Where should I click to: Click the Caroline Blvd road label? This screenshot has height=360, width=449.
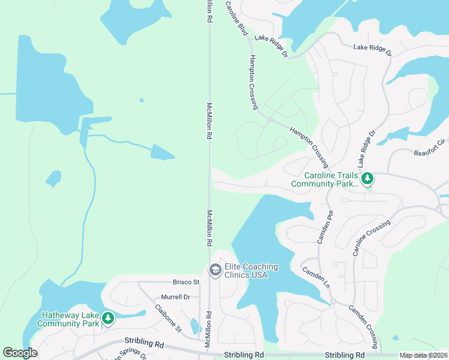click(237, 18)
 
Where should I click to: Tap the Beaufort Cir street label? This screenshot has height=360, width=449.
click(430, 148)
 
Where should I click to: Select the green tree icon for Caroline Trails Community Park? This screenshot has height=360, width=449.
click(367, 178)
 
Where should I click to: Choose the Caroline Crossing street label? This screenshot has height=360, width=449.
click(372, 238)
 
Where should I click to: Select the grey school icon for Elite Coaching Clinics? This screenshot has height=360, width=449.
click(214, 271)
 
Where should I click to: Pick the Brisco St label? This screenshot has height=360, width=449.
click(186, 282)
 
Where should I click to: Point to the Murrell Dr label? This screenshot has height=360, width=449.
click(175, 297)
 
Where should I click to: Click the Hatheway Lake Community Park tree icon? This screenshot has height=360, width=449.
click(108, 317)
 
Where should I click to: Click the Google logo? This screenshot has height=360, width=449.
click(20, 353)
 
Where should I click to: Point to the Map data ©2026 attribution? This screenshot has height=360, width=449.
click(423, 355)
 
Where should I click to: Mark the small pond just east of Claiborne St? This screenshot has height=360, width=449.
click(194, 326)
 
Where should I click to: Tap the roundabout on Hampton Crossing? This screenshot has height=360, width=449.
click(270, 119)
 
